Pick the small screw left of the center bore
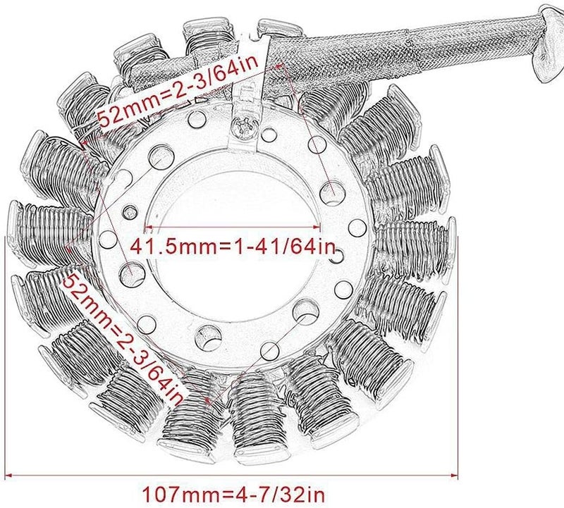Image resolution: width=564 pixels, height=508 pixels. [130, 213]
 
